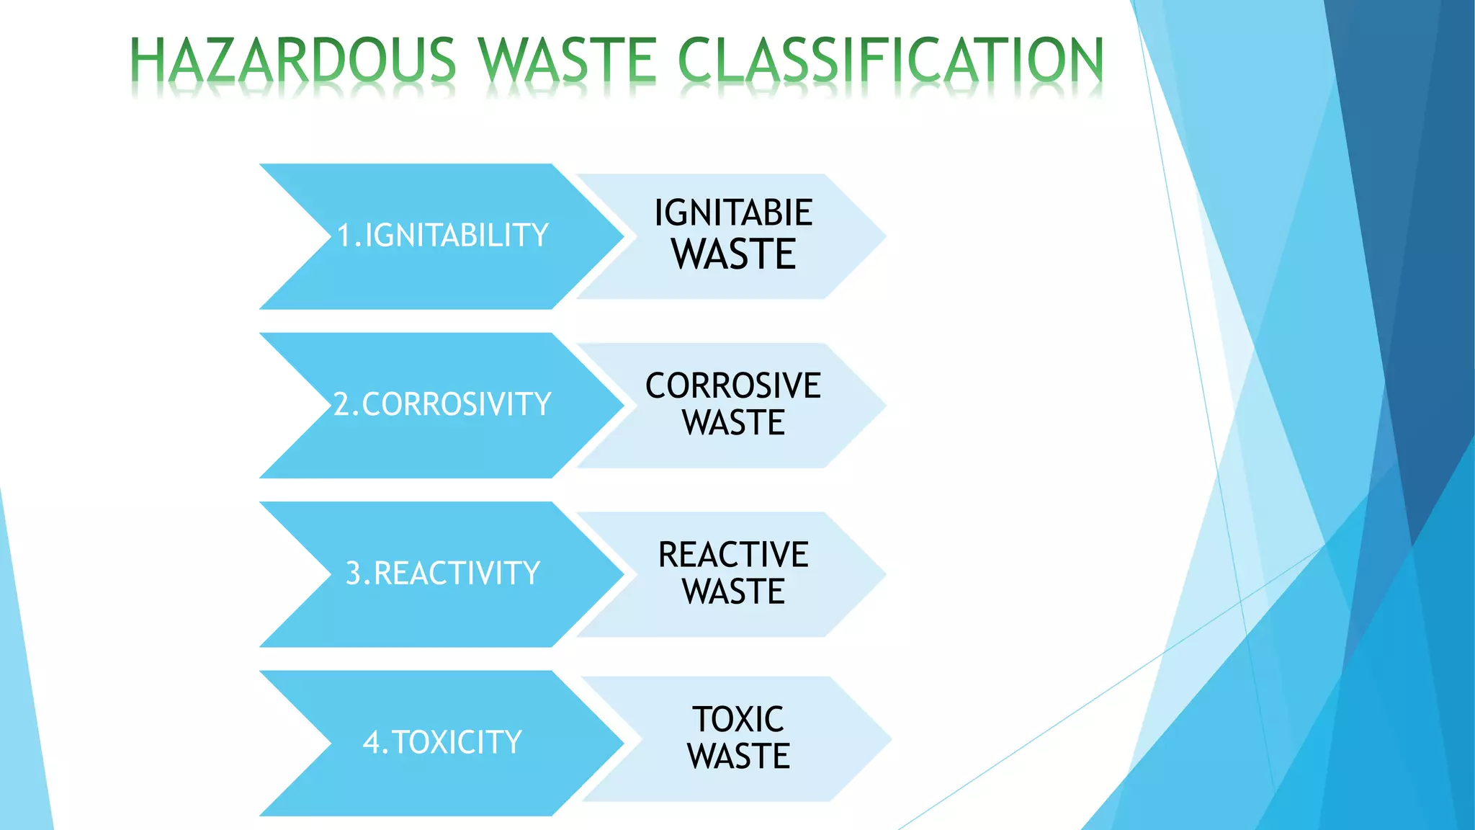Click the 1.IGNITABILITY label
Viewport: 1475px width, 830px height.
click(x=443, y=236)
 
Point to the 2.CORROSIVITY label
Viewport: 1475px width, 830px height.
click(x=442, y=404)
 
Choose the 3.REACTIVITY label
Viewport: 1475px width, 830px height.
click(x=443, y=574)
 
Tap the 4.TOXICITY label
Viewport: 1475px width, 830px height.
click(x=442, y=742)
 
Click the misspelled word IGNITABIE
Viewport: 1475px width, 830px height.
click(x=733, y=213)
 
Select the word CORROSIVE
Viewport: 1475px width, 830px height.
click(x=733, y=385)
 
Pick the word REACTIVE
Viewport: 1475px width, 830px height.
click(x=733, y=555)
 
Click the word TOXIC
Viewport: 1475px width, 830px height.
click(x=738, y=719)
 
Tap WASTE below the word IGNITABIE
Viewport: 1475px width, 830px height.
click(x=733, y=254)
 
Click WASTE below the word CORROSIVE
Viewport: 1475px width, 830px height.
click(x=733, y=423)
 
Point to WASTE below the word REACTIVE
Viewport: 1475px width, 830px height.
click(x=733, y=592)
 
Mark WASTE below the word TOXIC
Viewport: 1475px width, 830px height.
click(x=738, y=757)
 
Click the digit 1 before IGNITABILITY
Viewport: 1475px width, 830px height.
click(x=345, y=236)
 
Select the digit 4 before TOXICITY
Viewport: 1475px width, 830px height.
click(x=372, y=742)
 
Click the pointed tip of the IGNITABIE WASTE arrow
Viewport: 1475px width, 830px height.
click(x=884, y=236)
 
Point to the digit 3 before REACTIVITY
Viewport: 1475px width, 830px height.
click(x=354, y=574)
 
